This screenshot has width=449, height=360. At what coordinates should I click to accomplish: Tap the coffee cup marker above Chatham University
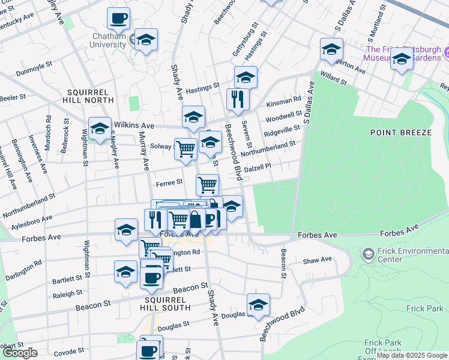[118, 19]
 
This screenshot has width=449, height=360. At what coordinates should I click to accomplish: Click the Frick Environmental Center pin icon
[367, 254]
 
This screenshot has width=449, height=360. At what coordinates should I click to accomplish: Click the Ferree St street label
[169, 182]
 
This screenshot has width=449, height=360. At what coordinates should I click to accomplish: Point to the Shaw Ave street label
[318, 260]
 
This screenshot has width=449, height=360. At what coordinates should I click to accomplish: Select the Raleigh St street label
[67, 293]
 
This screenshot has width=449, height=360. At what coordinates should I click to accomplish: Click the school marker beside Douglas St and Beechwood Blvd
[258, 305]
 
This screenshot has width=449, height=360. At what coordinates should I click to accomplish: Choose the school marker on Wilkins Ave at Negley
[100, 128]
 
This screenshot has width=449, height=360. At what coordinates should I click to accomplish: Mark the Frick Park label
[424, 308]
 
